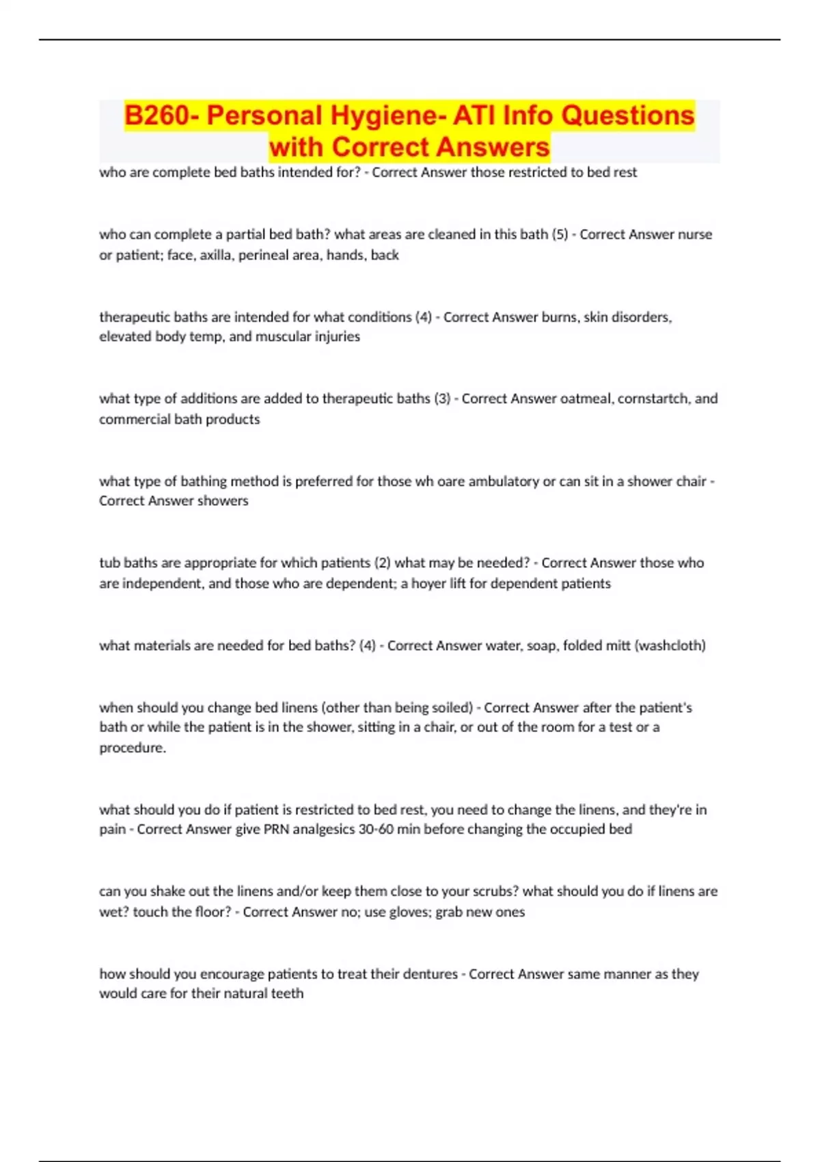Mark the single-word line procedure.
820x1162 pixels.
[133, 748]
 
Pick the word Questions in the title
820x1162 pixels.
[627, 116]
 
